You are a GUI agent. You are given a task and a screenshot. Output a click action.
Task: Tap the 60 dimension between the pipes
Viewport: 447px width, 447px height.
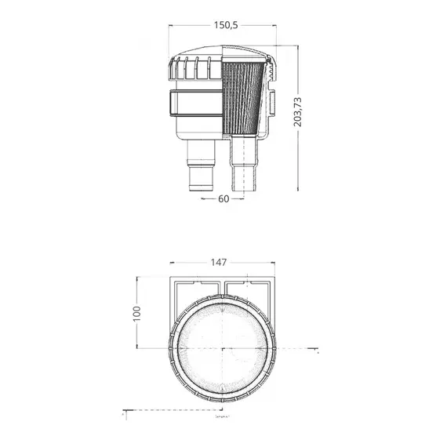[x=223, y=199]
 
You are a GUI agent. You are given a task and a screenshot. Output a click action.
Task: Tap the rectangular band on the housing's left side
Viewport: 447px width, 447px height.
[x=184, y=101]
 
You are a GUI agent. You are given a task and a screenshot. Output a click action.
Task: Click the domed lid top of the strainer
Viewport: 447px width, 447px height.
[x=223, y=53]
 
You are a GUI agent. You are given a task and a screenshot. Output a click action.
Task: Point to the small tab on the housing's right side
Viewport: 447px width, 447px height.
[x=274, y=101]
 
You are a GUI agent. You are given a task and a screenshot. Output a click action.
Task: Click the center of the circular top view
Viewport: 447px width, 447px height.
[x=223, y=347]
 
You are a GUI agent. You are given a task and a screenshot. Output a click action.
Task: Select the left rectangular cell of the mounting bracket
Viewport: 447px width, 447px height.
[x=196, y=289]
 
